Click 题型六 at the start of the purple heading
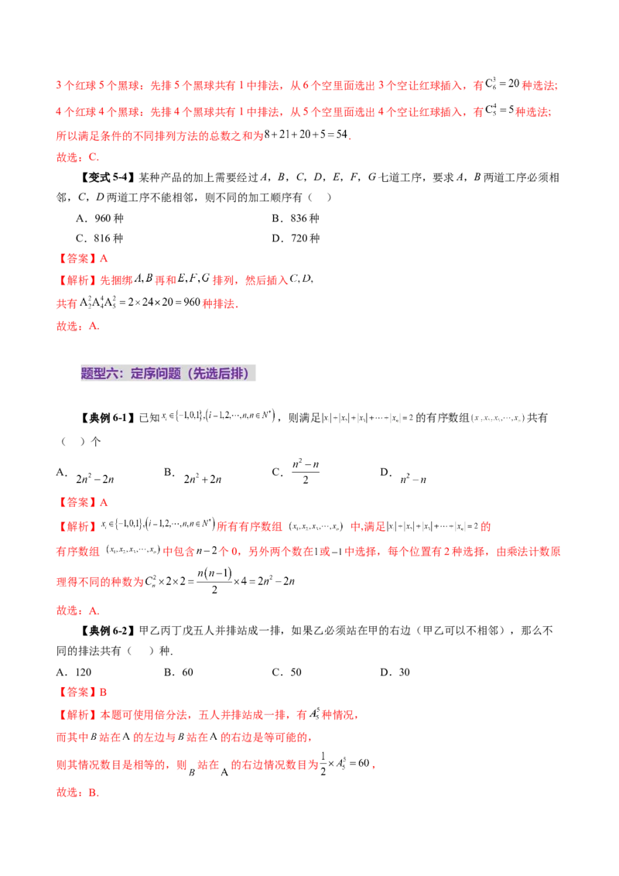[x=98, y=374]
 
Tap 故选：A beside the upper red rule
[x=77, y=327]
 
